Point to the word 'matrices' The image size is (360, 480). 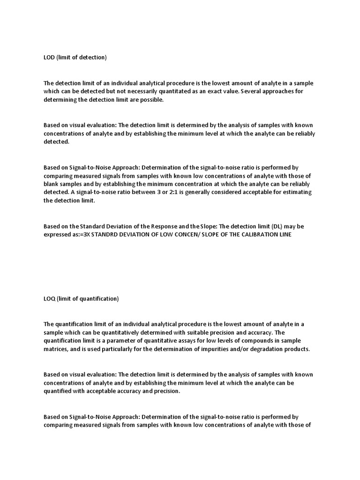56,349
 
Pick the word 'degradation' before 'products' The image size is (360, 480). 260,349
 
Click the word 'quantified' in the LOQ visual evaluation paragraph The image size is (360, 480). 58,391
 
